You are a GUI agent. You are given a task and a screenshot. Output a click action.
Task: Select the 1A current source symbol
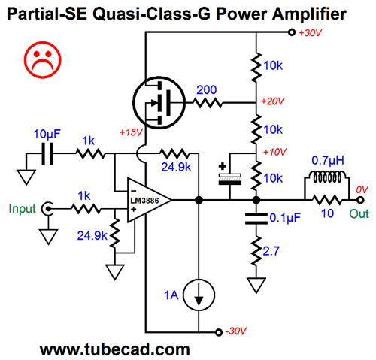coord(199,295)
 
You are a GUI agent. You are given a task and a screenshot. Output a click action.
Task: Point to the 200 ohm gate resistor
coord(208,103)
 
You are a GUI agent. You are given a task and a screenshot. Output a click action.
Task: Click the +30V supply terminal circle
coord(292,32)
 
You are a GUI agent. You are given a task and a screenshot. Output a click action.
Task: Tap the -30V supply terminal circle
coord(219,332)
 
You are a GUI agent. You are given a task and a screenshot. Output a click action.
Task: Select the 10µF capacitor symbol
coord(47,153)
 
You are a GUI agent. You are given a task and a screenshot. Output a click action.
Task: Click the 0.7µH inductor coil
coord(326,177)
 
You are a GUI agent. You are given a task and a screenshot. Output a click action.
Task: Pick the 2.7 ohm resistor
coord(256,250)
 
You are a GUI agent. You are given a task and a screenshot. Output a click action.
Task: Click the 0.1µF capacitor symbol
coord(256,219)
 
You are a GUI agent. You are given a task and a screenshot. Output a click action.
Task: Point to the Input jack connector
coord(47,208)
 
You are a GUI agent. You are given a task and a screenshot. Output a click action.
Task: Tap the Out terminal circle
coord(360,200)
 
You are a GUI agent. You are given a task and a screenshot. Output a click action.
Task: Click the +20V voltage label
coord(273,101)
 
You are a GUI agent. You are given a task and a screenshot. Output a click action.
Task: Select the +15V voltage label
coord(131,132)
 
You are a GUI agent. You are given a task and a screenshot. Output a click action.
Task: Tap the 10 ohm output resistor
coord(326,200)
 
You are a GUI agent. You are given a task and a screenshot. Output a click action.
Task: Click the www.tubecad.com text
coord(115,349)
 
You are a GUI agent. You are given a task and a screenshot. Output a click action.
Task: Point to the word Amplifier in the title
coord(309,14)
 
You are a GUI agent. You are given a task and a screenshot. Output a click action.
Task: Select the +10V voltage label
coord(275,152)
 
